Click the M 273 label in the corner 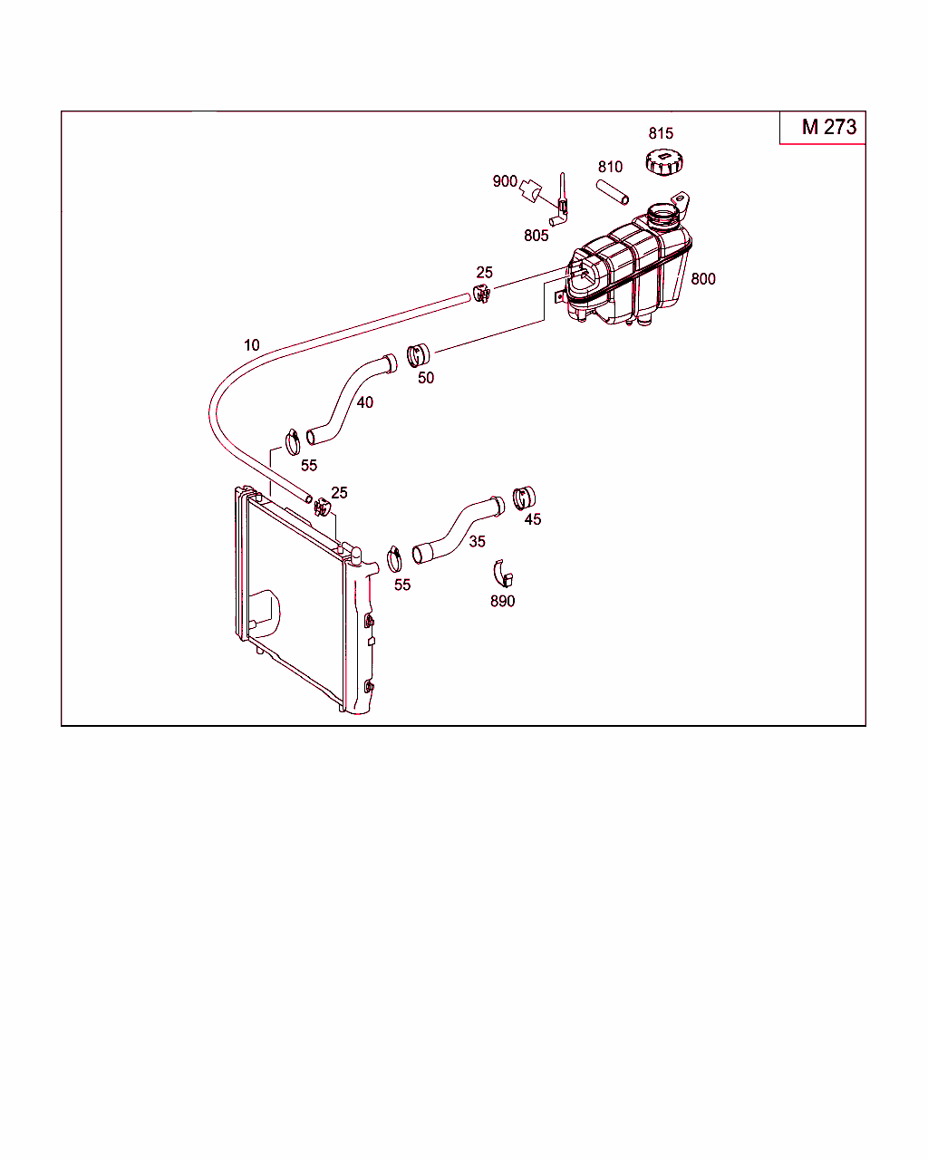coord(828,127)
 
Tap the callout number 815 coord(661,133)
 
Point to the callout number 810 coord(610,167)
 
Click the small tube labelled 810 coord(612,192)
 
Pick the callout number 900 coord(505,181)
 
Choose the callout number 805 coord(536,236)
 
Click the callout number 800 coord(703,279)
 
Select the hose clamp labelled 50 coord(418,355)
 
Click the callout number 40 coord(364,402)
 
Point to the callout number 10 coord(251,345)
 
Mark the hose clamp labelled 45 coord(524,498)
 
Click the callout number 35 coord(477,541)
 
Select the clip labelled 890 coord(503,574)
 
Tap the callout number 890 coord(502,601)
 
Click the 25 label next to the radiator coord(339,493)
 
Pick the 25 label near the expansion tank coord(484,272)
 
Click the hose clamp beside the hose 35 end coord(394,559)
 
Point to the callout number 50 coord(425,378)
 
